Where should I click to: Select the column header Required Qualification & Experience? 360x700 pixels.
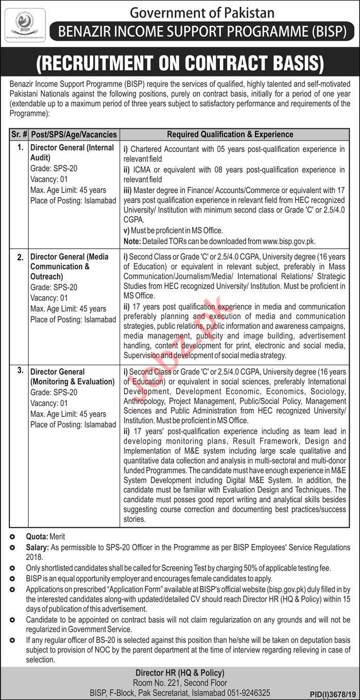(x=230, y=134)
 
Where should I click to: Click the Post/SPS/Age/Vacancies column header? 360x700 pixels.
(x=74, y=134)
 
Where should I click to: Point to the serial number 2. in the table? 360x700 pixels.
(x=20, y=257)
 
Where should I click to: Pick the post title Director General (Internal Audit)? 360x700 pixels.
(x=72, y=152)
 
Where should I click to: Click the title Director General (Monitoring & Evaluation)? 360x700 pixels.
(x=72, y=377)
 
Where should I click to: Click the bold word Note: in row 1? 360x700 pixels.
(x=132, y=241)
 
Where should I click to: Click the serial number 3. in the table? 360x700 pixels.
(x=20, y=370)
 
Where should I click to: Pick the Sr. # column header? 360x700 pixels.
(x=19, y=134)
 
